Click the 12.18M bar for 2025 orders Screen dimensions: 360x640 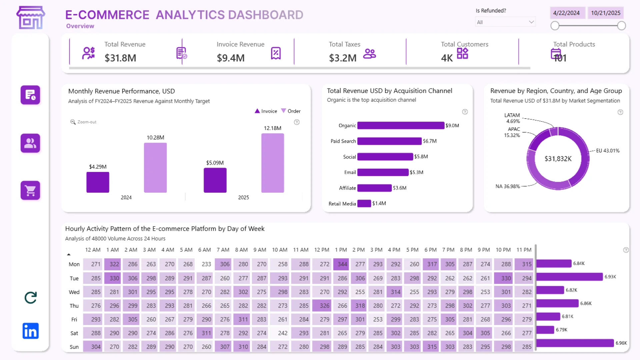click(x=272, y=163)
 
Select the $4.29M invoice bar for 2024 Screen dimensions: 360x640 click(x=98, y=182)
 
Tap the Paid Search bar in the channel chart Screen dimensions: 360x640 click(x=389, y=141)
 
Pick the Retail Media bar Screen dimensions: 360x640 click(x=364, y=203)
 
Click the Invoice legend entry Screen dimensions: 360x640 click(x=266, y=111)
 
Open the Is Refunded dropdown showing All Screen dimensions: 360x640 click(x=505, y=22)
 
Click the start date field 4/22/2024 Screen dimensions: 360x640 click(x=566, y=13)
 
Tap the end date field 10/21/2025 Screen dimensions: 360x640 click(x=605, y=13)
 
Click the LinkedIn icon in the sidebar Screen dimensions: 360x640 click(x=31, y=331)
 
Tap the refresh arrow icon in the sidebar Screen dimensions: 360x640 click(x=31, y=298)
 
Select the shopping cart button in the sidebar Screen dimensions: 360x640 click(x=30, y=190)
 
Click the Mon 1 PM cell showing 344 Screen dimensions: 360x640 click(x=342, y=264)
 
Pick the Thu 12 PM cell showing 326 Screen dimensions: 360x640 click(x=324, y=305)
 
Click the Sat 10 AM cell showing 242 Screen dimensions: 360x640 click(x=283, y=333)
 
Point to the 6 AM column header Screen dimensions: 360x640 click(x=204, y=250)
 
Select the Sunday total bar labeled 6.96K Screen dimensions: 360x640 click(x=575, y=343)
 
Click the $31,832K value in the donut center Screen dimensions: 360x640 click(x=558, y=159)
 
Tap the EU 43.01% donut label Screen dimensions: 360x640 click(x=607, y=151)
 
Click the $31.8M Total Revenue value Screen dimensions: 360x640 click(x=120, y=58)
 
